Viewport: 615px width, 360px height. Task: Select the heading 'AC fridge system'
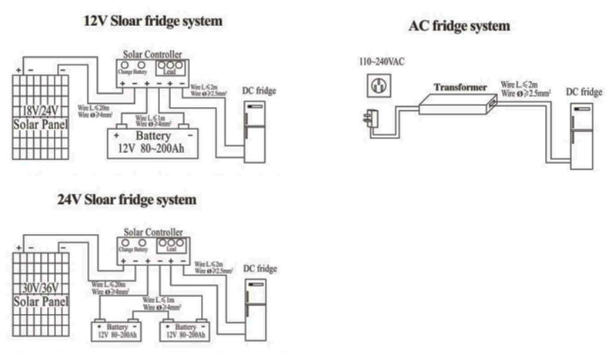coord(458,26)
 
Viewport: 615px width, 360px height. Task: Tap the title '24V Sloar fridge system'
coord(127,199)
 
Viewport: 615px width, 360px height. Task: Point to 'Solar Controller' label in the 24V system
coord(154,230)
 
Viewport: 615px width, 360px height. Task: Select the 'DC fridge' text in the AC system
coord(583,92)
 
